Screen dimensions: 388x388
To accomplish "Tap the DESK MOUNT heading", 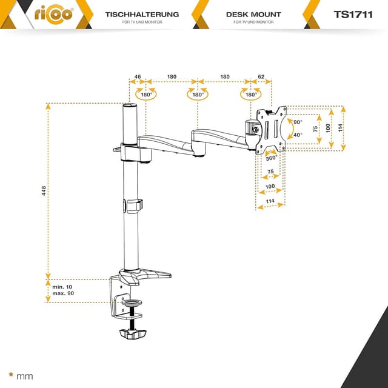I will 253,13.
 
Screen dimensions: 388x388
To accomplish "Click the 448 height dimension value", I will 44,190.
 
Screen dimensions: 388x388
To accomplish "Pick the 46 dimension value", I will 138,77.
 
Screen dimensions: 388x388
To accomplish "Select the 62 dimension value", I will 261,77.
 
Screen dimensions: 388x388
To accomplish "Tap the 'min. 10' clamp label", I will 62,286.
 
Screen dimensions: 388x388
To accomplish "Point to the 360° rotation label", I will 272,158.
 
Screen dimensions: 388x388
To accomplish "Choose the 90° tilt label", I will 298,122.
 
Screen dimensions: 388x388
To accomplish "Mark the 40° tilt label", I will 298,135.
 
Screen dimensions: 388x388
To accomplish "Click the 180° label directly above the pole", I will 146,95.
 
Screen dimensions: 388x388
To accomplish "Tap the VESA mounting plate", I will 271,129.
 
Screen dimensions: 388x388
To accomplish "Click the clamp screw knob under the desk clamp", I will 133,334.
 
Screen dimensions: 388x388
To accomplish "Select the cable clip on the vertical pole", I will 134,206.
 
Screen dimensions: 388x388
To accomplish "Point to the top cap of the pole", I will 129,107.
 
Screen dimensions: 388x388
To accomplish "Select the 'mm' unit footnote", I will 25,376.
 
